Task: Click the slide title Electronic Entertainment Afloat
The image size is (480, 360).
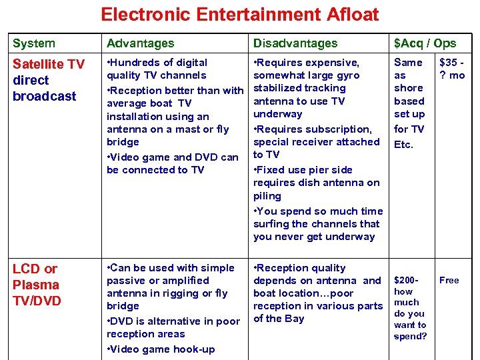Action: click(239, 14)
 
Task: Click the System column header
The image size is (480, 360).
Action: click(34, 43)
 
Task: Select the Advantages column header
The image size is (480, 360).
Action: click(140, 43)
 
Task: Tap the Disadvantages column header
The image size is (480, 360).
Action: click(295, 43)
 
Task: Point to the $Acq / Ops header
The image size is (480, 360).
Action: click(425, 43)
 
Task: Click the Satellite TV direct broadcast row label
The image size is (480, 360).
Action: click(49, 80)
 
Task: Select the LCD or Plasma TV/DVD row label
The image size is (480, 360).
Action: click(37, 285)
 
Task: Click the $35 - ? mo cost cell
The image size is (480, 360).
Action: click(451, 69)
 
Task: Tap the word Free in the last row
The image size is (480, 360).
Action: click(449, 280)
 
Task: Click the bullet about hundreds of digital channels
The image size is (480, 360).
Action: click(157, 69)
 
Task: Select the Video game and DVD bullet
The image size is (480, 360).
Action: click(173, 163)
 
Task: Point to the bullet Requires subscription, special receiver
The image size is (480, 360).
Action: click(316, 141)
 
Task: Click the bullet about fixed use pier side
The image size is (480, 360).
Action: click(316, 183)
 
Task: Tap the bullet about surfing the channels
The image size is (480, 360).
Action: click(318, 224)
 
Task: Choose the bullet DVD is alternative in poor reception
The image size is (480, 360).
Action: click(173, 327)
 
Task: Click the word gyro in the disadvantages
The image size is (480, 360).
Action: click(347, 75)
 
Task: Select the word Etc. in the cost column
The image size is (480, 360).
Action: click(403, 144)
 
